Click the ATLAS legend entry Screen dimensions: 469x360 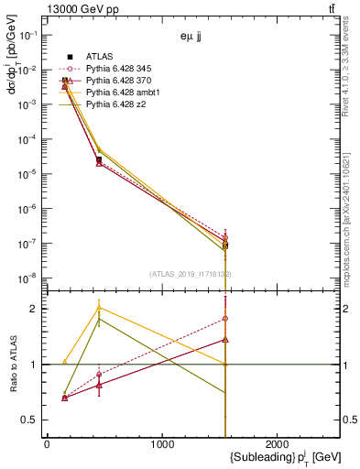click(99, 57)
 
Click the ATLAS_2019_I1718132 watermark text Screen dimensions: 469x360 click(191, 274)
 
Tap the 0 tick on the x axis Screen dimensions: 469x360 click(47, 445)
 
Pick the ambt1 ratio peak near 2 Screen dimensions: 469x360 click(99, 308)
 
